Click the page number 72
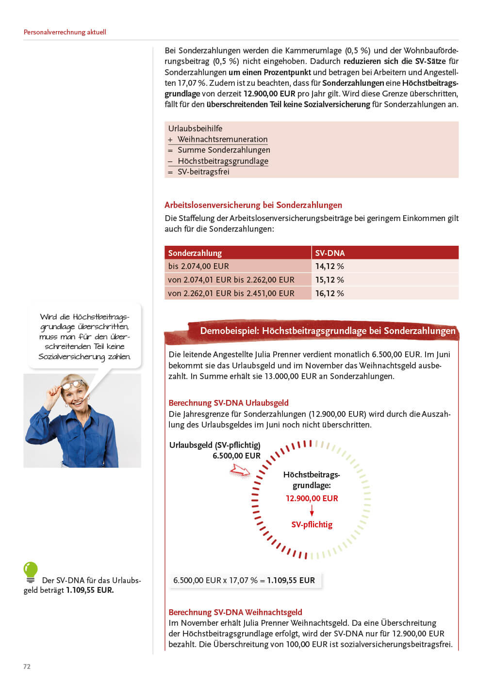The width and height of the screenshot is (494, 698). pyautogui.click(x=27, y=666)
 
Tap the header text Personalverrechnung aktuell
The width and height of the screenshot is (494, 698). pyautogui.click(x=65, y=32)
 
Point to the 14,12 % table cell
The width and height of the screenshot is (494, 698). pyautogui.click(x=329, y=266)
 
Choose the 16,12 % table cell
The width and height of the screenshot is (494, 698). pyautogui.click(x=329, y=293)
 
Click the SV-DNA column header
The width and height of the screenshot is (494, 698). pyautogui.click(x=330, y=253)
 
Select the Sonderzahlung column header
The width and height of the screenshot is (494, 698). pyautogui.click(x=195, y=253)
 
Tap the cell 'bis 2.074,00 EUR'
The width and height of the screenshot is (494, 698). pyautogui.click(x=198, y=266)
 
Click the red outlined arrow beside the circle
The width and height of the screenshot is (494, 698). pyautogui.click(x=240, y=470)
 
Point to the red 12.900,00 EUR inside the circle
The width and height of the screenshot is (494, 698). pyautogui.click(x=312, y=498)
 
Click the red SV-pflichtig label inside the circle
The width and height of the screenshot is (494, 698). pyautogui.click(x=312, y=524)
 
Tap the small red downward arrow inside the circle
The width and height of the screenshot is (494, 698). pyautogui.click(x=312, y=511)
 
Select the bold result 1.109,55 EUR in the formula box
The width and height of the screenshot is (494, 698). pyautogui.click(x=291, y=580)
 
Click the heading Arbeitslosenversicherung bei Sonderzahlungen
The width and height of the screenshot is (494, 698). pyautogui.click(x=253, y=205)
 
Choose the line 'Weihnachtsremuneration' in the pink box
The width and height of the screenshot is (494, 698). pyautogui.click(x=222, y=139)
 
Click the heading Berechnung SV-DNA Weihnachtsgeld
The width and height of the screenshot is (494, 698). pyautogui.click(x=235, y=612)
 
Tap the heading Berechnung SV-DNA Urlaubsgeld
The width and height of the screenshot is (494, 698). pyautogui.click(x=228, y=403)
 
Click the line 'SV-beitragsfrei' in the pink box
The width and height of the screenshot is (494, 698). pyautogui.click(x=203, y=172)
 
